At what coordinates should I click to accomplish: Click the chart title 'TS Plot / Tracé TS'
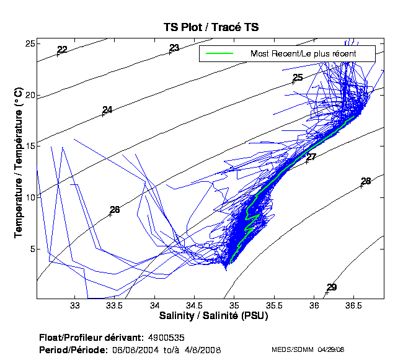click(210, 27)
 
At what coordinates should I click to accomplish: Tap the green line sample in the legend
click(219, 54)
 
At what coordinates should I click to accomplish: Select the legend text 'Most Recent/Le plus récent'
click(303, 54)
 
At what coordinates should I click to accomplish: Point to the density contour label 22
click(62, 50)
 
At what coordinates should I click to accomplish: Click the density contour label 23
click(174, 48)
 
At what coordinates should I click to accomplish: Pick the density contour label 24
click(107, 110)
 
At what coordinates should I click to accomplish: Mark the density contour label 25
click(298, 78)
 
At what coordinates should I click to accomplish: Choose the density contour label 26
click(115, 210)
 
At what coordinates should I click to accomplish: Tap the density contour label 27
click(311, 157)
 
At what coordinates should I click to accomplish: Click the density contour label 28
click(366, 181)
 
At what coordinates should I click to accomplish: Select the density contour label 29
click(332, 287)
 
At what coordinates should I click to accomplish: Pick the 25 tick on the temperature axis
click(29, 43)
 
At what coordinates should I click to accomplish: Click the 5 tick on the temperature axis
click(32, 249)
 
